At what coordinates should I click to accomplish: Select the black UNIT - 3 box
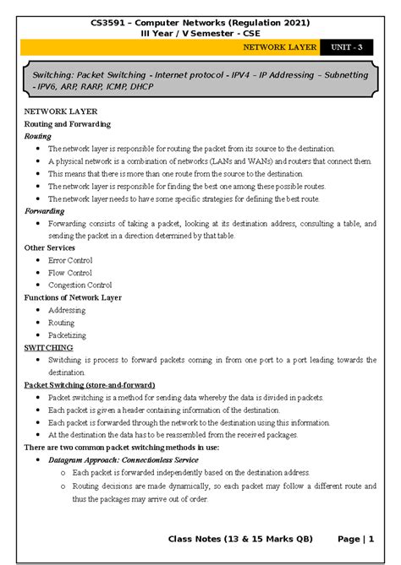point(347,48)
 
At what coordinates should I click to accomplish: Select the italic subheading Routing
point(38,135)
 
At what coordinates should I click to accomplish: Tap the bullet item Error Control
point(70,261)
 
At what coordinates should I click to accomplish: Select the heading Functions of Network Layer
point(73,298)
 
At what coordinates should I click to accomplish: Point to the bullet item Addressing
point(67,310)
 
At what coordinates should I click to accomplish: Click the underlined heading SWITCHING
point(48,347)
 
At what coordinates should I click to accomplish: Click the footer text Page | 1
point(355,538)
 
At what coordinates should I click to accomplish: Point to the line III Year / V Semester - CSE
point(200,32)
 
